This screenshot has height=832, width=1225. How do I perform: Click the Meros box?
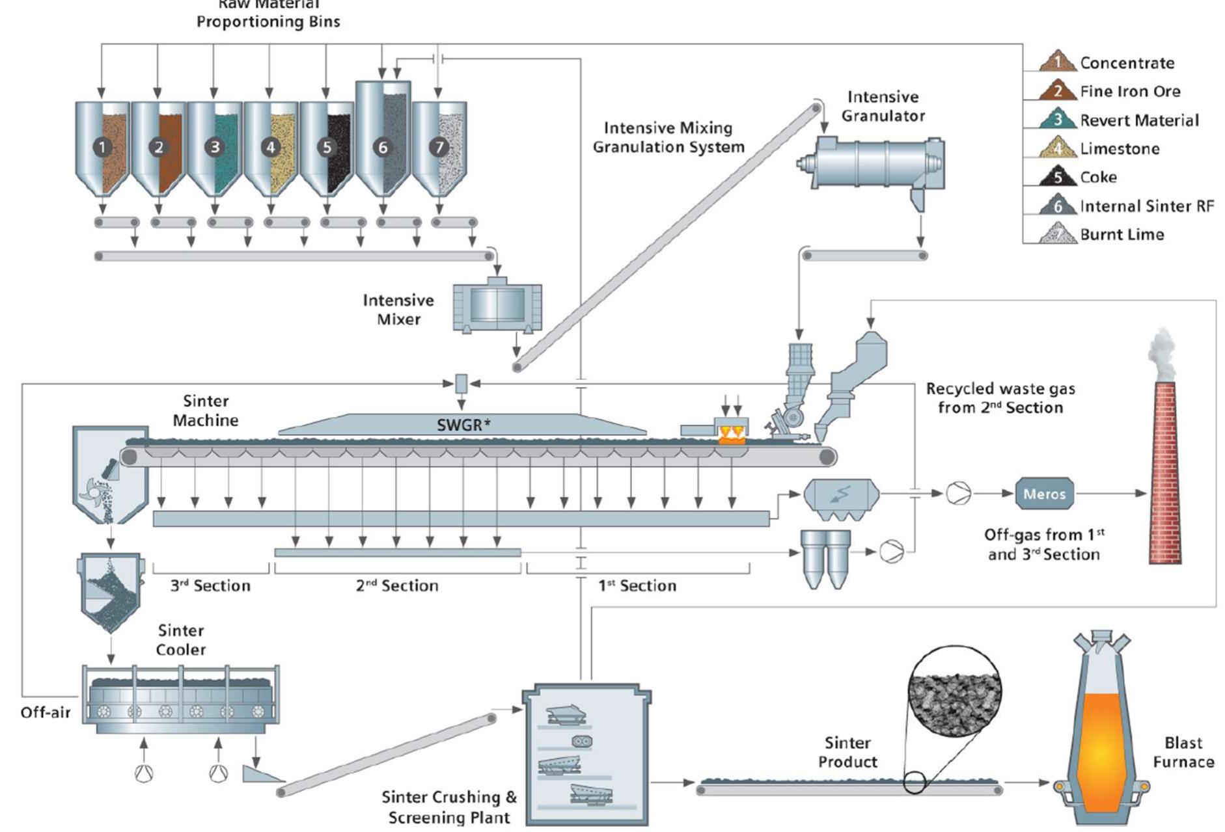[x=1044, y=494]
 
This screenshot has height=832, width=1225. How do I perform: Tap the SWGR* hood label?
[x=463, y=425]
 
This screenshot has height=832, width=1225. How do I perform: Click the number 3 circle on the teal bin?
[x=215, y=147]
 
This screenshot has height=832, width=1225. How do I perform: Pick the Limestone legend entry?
[x=1119, y=148]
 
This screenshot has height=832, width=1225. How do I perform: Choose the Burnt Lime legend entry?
[x=1121, y=234]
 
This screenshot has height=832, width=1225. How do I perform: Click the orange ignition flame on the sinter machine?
[x=732, y=436]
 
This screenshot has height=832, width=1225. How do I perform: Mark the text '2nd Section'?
[x=397, y=585]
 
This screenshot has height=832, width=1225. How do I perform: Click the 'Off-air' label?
[x=45, y=712]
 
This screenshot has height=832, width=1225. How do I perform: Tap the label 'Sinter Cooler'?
[x=180, y=639]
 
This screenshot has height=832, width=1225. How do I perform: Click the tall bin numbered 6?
[x=383, y=140]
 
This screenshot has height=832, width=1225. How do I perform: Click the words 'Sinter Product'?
[x=847, y=752]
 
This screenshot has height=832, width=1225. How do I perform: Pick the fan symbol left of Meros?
[x=958, y=494]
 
